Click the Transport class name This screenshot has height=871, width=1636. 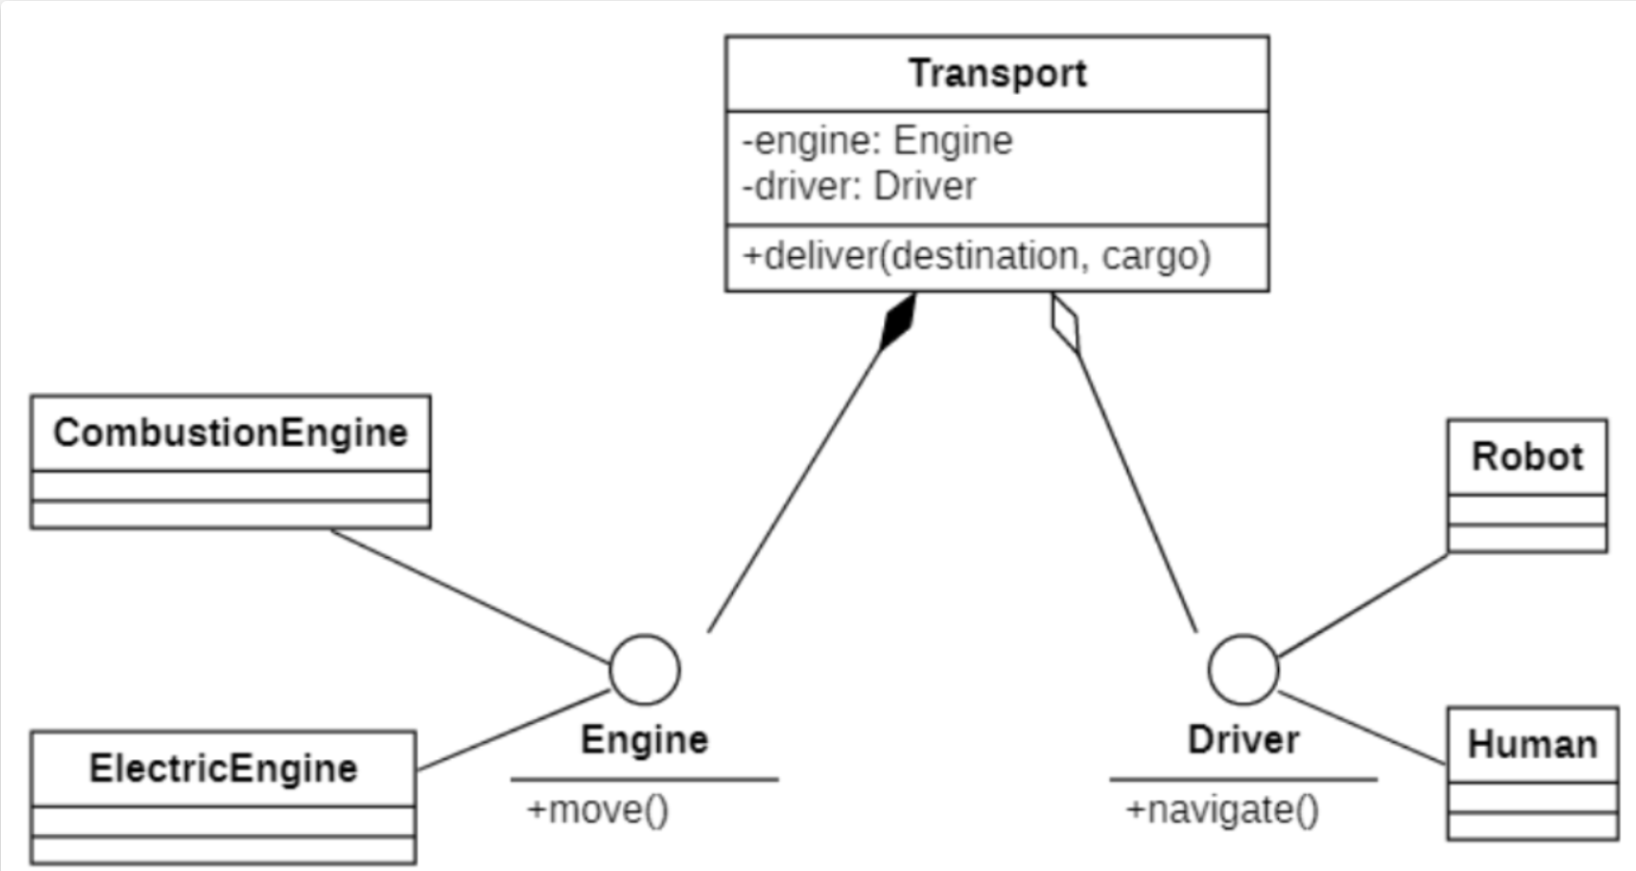[x=997, y=74]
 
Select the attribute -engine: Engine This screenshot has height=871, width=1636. [x=877, y=140]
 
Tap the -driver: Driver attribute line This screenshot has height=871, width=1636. [x=859, y=186]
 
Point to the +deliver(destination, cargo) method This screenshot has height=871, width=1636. [x=976, y=256]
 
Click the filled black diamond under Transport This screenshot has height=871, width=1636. [x=897, y=321]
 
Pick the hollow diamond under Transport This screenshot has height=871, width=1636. [x=1066, y=324]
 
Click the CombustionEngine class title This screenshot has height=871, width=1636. [x=230, y=433]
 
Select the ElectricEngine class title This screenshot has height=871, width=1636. [x=223, y=769]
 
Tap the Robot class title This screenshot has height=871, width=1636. [x=1527, y=456]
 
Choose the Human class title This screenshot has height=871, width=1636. [x=1533, y=745]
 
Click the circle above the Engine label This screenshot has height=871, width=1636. [x=645, y=670]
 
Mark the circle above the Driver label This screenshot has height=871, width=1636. [x=1243, y=670]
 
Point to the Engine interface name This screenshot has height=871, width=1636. [x=645, y=740]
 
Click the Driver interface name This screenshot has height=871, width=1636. [x=1243, y=740]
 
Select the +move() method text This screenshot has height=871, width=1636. [x=598, y=810]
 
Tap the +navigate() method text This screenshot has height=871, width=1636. [x=1222, y=810]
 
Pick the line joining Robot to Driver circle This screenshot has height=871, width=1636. [x=1363, y=604]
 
